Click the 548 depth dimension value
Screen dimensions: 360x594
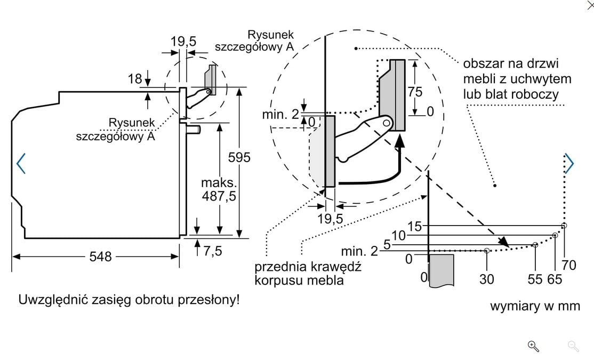(100, 257)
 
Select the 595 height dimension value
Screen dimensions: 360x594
(239, 157)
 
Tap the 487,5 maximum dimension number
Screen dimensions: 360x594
(219, 196)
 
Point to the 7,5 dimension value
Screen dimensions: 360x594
(212, 251)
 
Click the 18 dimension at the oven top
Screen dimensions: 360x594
(135, 79)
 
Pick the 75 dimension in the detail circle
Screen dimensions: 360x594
(415, 92)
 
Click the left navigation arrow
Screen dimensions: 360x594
(21, 163)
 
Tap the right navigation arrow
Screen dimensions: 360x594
(569, 163)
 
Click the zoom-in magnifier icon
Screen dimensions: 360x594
(533, 346)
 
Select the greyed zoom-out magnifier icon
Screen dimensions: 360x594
(574, 346)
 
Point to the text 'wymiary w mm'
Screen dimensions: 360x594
(535, 306)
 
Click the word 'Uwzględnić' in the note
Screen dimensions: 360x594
(49, 300)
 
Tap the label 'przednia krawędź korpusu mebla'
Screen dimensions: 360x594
(308, 273)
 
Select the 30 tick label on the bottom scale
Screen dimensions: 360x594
(487, 278)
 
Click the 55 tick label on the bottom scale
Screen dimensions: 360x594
(535, 278)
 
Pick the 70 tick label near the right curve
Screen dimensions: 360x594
(569, 265)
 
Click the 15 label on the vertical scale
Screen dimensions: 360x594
(414, 226)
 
